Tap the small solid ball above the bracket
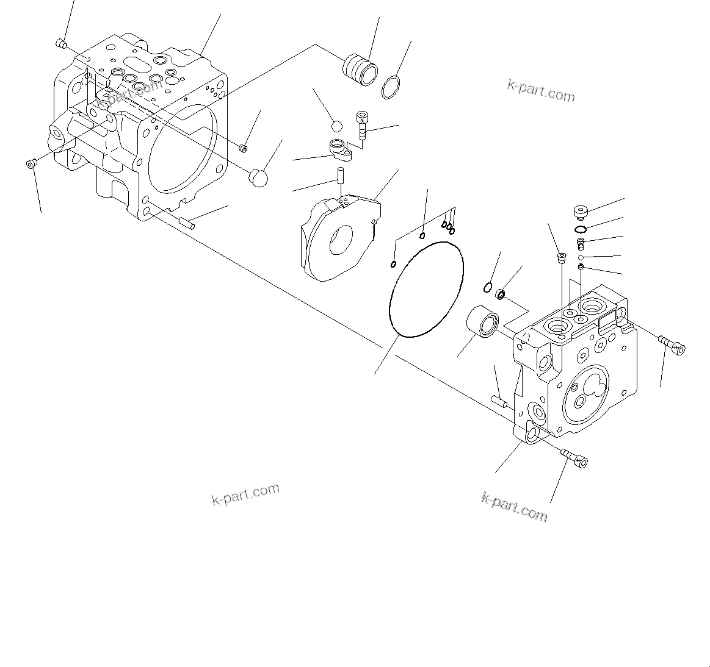pos(336,126)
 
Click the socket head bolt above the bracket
pos(363,124)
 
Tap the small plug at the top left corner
pos(60,43)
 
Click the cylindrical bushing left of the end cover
pos(484,322)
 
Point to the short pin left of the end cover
pos(499,401)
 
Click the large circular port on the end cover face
pos(585,393)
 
